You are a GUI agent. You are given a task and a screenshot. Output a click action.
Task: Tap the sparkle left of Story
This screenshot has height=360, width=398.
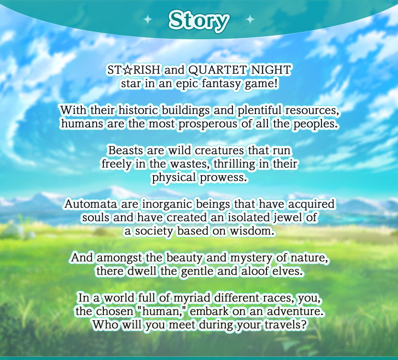tap(148, 19)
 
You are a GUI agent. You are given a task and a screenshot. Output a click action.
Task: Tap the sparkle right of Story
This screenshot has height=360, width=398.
tap(250, 19)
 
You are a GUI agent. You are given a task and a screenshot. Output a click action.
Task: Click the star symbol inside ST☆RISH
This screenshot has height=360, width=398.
tap(127, 70)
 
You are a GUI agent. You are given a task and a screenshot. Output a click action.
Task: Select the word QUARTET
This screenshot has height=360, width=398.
tap(218, 70)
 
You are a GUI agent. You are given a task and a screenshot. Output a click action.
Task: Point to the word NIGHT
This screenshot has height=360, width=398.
tap(271, 70)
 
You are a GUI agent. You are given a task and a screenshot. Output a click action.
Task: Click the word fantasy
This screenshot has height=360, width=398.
tap(221, 84)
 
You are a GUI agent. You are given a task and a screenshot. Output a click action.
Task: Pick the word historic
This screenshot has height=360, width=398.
tap(139, 110)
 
